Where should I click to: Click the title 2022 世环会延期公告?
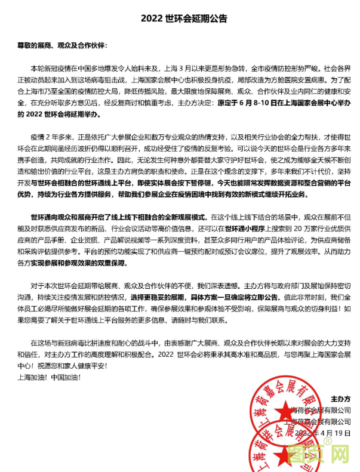pos(180,18)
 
